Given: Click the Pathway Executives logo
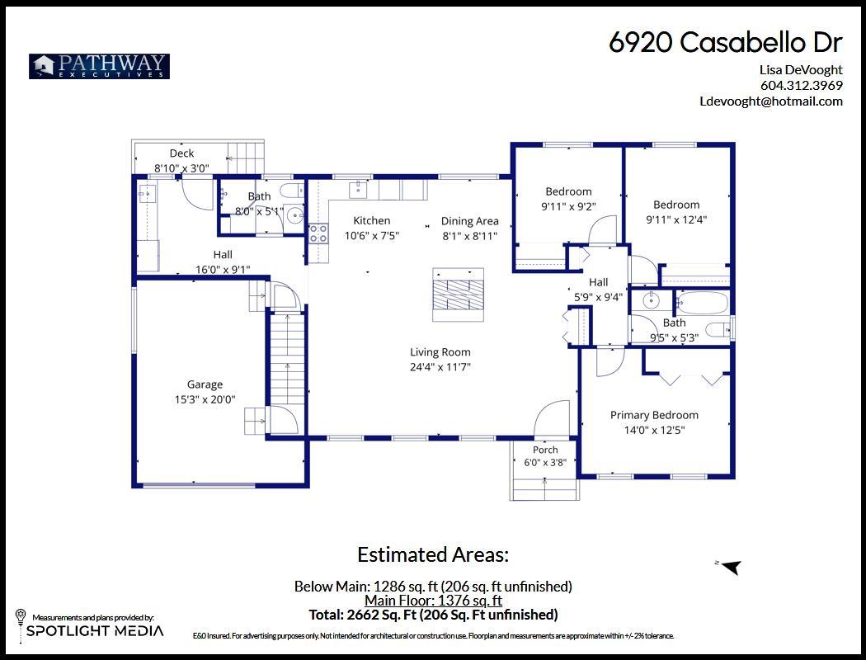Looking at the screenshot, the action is (100, 66).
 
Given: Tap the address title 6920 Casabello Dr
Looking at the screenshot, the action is (726, 42).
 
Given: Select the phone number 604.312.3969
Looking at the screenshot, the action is (802, 85).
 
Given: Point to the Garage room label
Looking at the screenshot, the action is (205, 384).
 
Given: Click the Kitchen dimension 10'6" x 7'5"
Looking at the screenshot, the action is (372, 236).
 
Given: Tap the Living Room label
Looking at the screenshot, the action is (440, 352).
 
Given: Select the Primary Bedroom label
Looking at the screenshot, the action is (655, 415).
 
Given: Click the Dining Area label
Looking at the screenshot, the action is (469, 221).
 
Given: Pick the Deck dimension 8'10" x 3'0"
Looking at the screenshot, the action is (181, 168).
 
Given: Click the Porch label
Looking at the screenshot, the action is (545, 450).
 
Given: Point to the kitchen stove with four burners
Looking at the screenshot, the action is (318, 233).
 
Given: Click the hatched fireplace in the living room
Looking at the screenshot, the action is (458, 295).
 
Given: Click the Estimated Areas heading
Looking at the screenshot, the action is (433, 554).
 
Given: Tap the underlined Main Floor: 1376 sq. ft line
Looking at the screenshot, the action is (434, 601).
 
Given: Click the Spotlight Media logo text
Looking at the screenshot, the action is (96, 631).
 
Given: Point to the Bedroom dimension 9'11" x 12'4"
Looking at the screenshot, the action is (676, 219).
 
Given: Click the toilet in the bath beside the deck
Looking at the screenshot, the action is (292, 191).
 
